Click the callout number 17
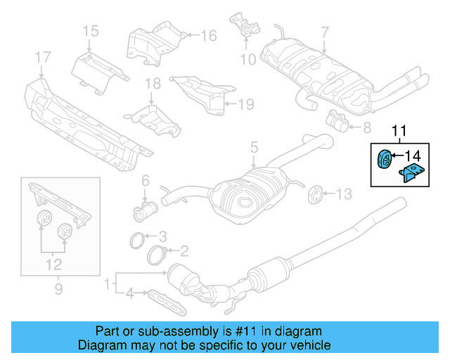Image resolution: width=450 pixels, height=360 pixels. click(42, 56)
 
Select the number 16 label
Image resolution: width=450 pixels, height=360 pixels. click(209, 35)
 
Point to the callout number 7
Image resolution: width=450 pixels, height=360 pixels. click(324, 32)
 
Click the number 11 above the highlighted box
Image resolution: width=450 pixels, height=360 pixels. click(399, 130)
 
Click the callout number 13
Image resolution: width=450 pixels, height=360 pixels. click(342, 193)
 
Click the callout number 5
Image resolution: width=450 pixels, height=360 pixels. click(255, 148)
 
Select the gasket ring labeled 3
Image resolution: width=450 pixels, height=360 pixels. click(140, 240)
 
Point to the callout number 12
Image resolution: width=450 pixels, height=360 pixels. click(54, 265)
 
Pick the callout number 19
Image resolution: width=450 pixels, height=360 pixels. click(244, 105)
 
